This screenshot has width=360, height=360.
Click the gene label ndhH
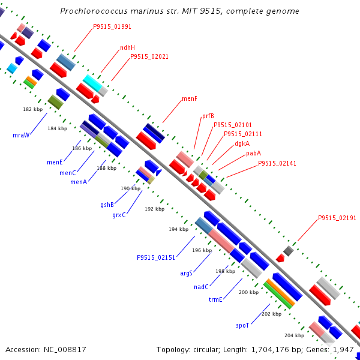127,47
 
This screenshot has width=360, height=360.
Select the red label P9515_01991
112,26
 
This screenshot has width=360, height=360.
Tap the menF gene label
190,98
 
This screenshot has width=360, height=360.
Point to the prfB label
208,116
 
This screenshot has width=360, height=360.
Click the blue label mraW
21,135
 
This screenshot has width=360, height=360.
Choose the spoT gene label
242,326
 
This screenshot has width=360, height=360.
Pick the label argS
186,273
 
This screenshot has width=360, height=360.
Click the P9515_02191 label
337,218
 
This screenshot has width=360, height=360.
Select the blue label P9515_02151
156,257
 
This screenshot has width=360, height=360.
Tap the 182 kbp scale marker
33,109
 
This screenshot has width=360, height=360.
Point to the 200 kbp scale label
248,292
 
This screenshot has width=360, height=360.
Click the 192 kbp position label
155,209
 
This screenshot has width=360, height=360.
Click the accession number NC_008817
65,350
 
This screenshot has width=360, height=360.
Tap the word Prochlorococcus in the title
94,11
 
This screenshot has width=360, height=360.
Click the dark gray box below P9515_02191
289,251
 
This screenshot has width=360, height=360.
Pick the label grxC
119,215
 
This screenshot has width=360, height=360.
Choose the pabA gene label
253,154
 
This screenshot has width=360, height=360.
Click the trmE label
215,299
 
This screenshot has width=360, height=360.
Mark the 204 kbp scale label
295,335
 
